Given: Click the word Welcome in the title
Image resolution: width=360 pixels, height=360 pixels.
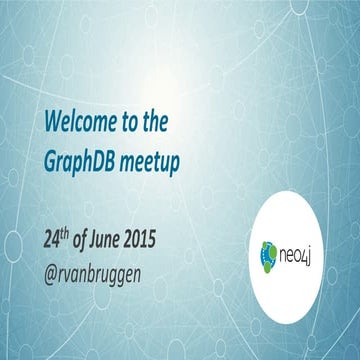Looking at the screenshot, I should pos(77,123).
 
